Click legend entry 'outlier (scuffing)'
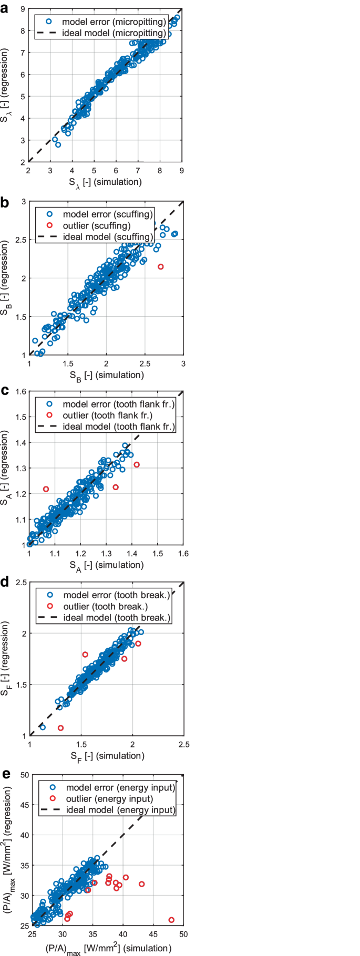point(97,225)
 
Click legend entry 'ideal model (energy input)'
point(120,809)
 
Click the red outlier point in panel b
point(161,267)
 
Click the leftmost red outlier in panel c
point(46,489)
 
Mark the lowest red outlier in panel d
point(60,728)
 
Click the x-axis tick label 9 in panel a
point(182,170)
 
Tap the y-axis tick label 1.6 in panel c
point(19,391)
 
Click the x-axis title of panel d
point(107,756)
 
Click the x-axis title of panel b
point(107,375)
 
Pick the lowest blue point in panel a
point(58,144)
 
